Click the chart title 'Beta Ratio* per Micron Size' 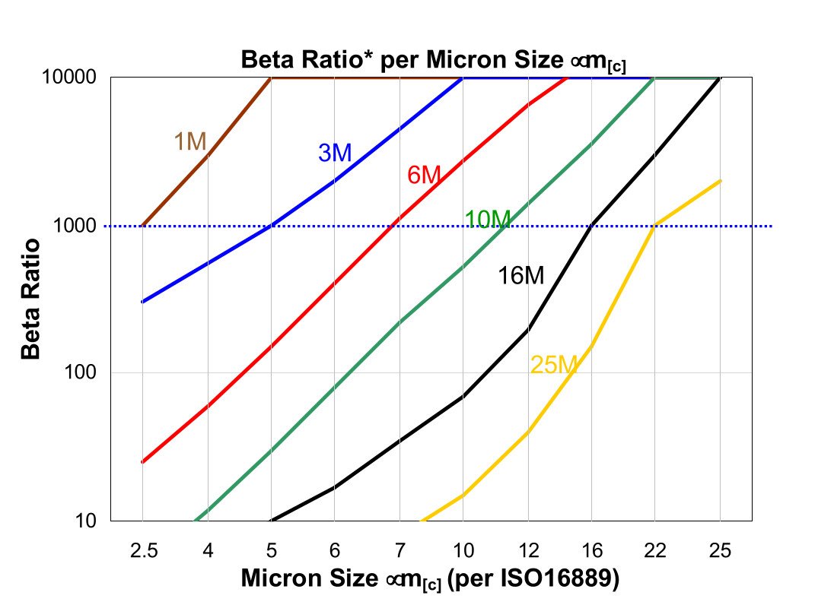433,60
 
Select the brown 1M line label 190,141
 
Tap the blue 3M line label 335,153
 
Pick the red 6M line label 424,176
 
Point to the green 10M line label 487,220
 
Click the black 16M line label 521,275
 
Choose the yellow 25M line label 554,366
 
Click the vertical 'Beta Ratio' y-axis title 31,298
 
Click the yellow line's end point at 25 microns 720,181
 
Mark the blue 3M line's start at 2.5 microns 142,302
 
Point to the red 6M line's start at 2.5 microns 142,461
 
